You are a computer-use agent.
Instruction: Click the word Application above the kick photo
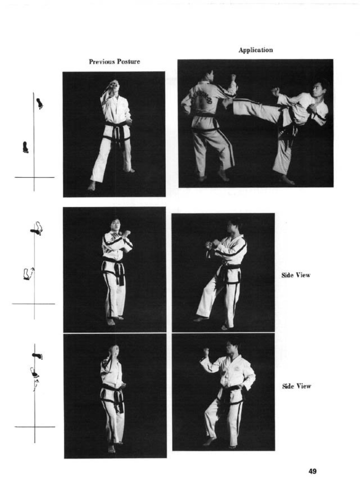tap(255, 50)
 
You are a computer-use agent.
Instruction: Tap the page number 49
tap(312, 471)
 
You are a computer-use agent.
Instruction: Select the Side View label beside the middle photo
tap(296, 275)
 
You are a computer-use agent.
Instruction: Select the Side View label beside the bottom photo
tap(296, 386)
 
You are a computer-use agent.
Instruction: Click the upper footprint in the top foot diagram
tap(40, 104)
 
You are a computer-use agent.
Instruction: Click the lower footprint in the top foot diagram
tap(25, 147)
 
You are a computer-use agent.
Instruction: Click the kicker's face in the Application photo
tap(317, 88)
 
